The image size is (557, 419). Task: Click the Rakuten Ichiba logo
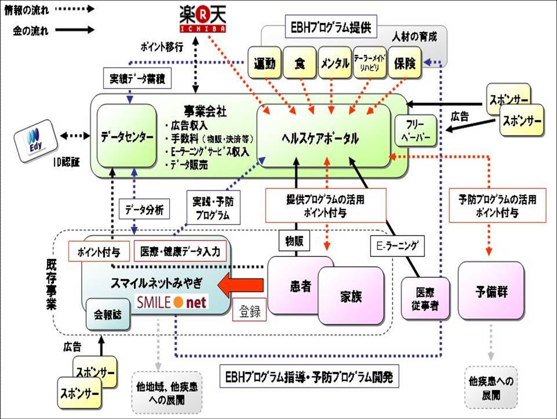point(201,19)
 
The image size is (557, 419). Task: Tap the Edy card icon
point(34,137)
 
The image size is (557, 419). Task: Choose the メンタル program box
point(334,63)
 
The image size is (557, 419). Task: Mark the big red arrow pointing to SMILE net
point(241,285)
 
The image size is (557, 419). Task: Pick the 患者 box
point(301,286)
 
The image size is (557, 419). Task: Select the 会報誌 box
point(107,315)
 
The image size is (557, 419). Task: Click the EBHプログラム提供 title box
point(331,27)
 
